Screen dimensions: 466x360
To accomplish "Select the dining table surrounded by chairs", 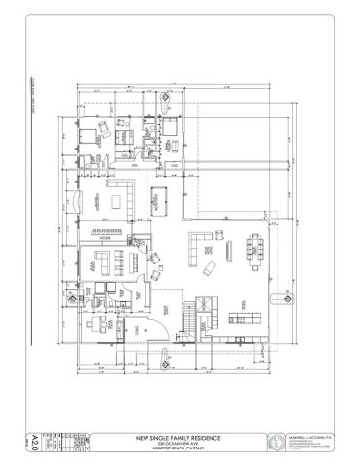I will pyautogui.click(x=257, y=250).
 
